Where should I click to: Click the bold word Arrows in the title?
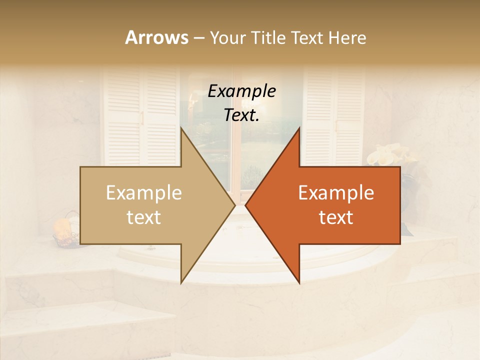click(156, 37)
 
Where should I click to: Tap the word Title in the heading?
click(268, 37)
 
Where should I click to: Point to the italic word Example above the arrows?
click(241, 91)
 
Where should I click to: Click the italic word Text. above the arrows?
click(241, 115)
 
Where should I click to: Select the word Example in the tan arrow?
click(144, 193)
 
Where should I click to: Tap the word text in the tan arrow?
click(144, 217)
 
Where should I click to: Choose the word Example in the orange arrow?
click(336, 193)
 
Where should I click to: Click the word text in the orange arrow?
click(336, 217)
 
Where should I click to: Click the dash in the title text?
click(198, 38)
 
